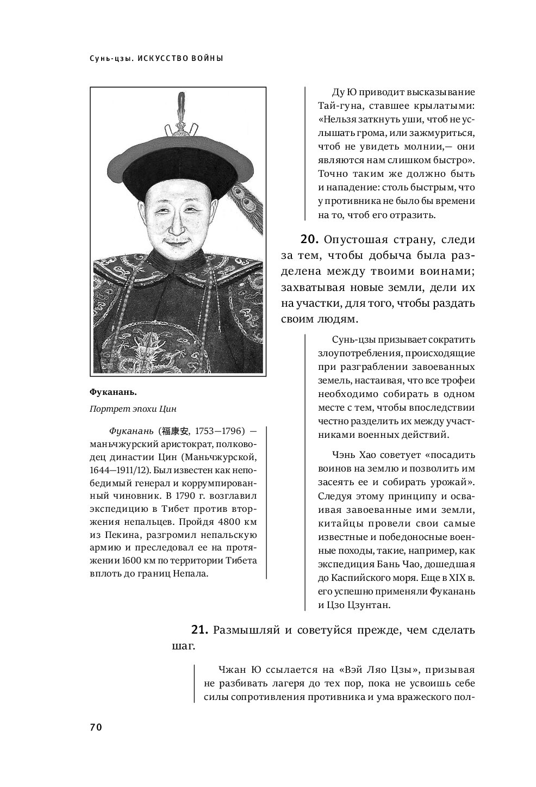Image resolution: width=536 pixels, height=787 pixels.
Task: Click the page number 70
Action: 96,727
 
